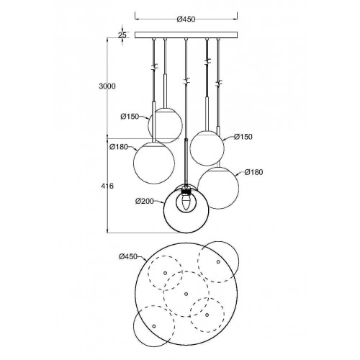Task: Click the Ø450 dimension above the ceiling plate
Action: (x=186, y=19)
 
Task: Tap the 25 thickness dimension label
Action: (x=122, y=35)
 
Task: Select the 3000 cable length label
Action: (x=107, y=86)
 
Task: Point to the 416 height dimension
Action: (x=107, y=186)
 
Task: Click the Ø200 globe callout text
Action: (x=145, y=201)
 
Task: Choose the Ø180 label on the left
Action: (x=119, y=147)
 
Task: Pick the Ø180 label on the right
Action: (x=253, y=172)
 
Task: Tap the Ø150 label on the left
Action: (x=130, y=117)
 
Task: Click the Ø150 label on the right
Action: (x=243, y=137)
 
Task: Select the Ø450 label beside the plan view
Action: (x=128, y=256)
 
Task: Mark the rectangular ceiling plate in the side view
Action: (x=186, y=35)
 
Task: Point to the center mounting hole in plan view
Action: (x=186, y=294)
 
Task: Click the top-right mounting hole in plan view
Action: (x=218, y=261)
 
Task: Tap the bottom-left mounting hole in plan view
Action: (x=154, y=326)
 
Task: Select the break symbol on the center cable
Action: (x=186, y=81)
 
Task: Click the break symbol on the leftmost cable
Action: (x=154, y=67)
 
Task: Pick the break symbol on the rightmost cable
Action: (x=218, y=83)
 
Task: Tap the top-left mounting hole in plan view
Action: (x=165, y=273)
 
